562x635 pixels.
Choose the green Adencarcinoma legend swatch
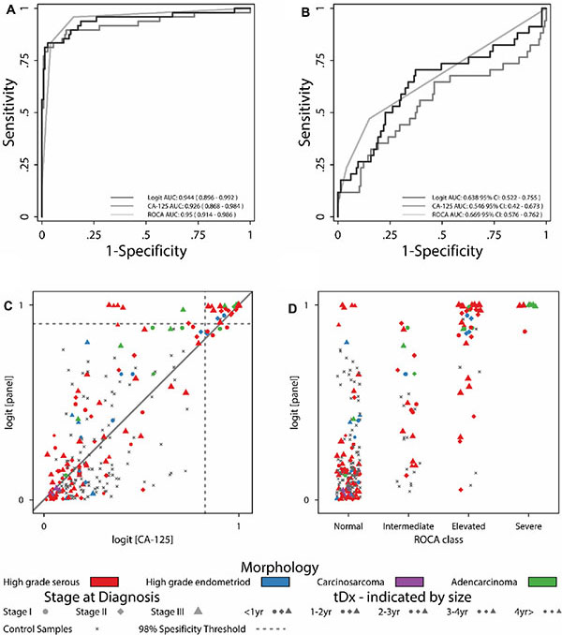click(545, 583)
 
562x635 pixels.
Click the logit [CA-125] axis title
click(141, 537)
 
